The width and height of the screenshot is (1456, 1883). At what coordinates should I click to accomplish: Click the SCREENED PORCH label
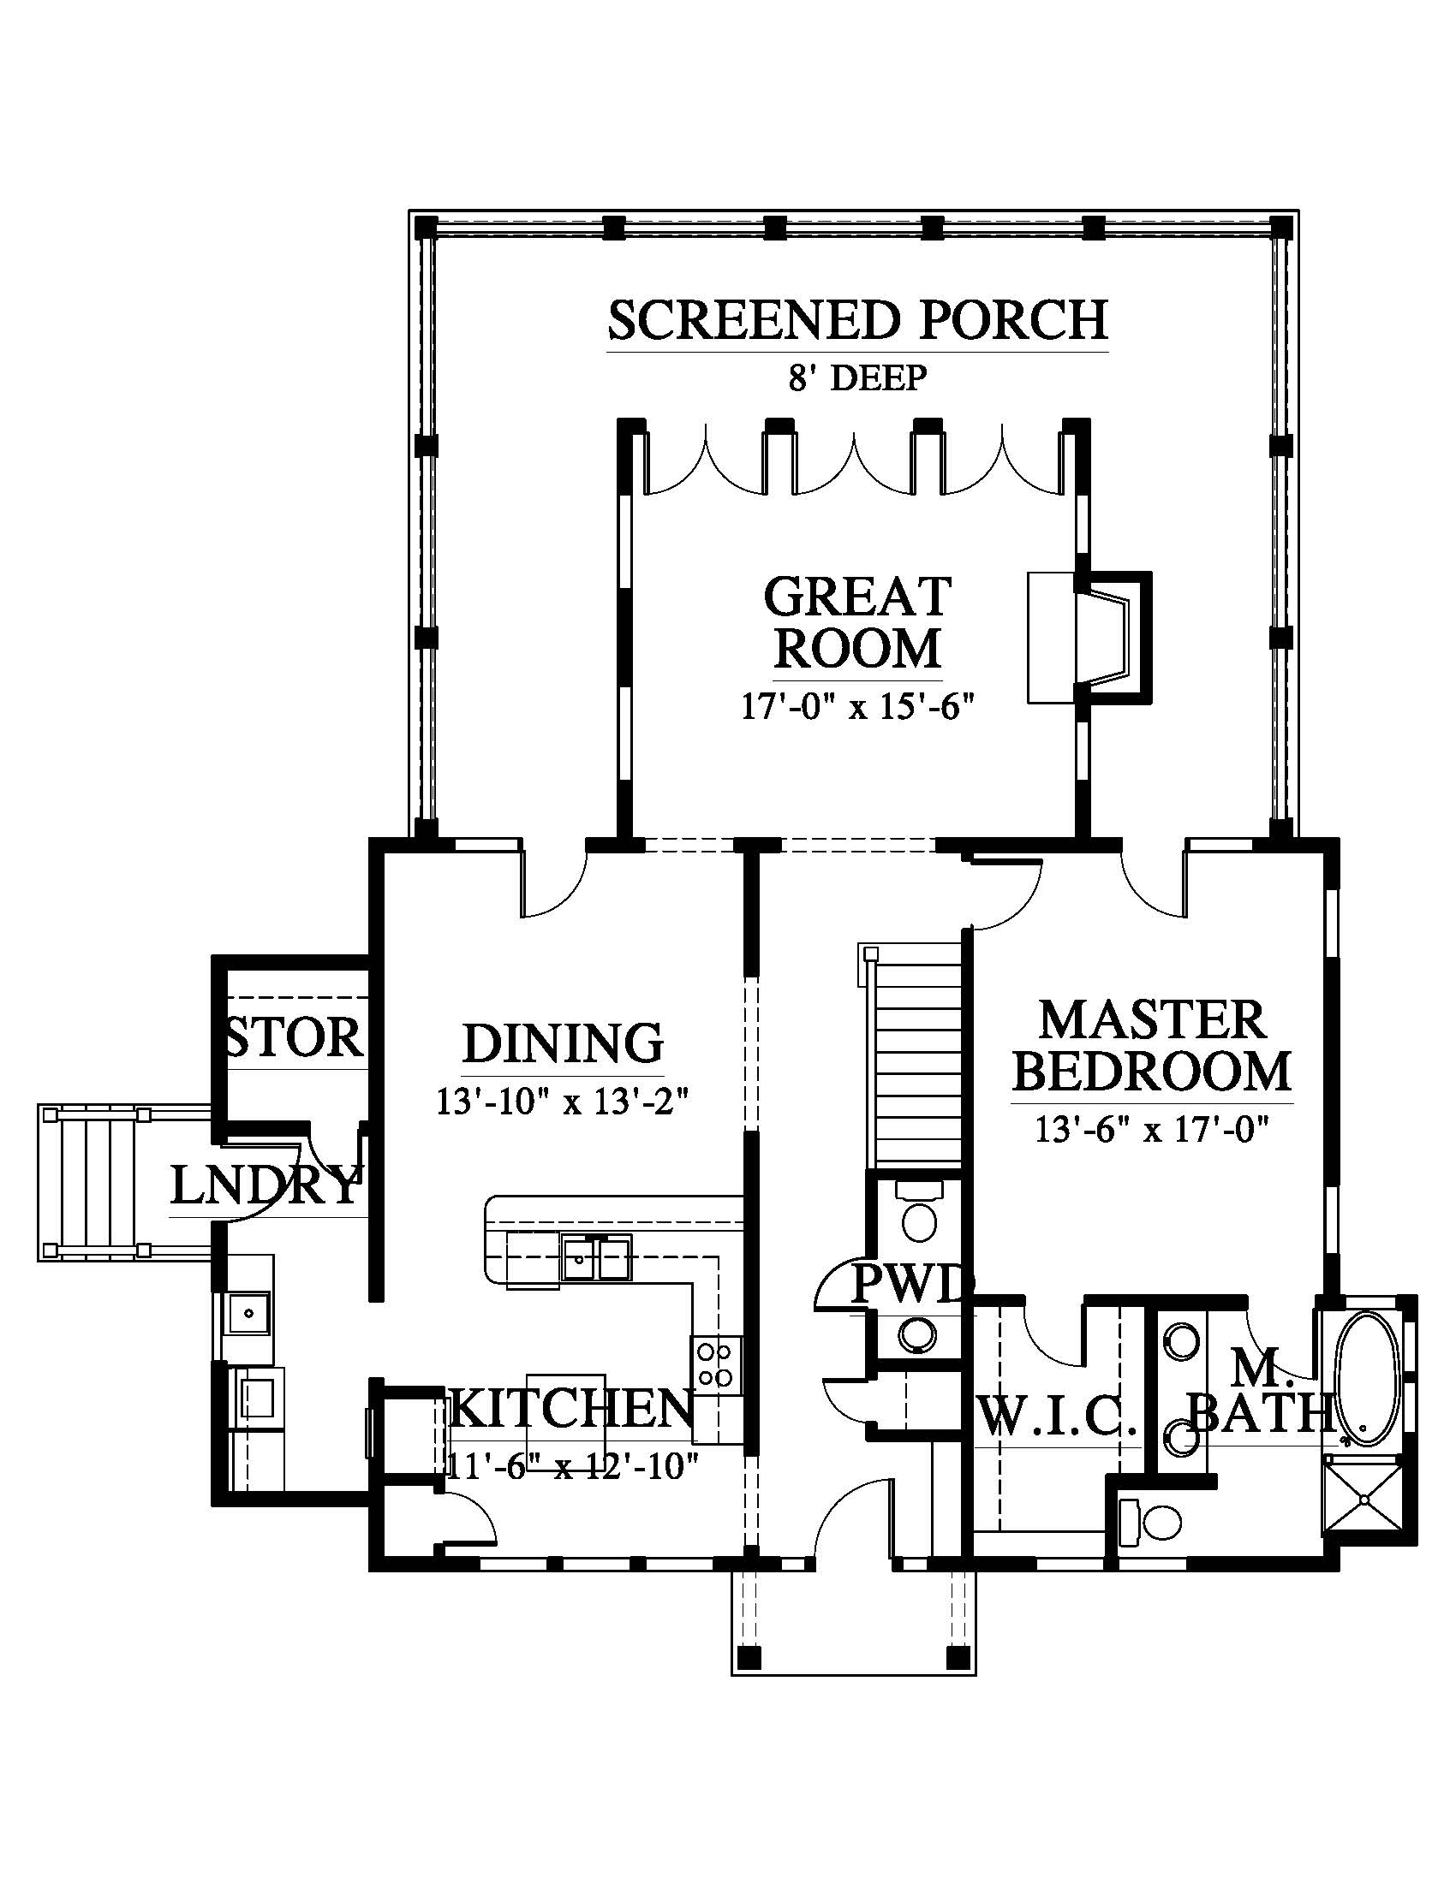tap(857, 320)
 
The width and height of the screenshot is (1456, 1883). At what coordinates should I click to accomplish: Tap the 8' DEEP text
tap(857, 377)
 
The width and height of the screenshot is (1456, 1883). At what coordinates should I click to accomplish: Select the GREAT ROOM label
tap(857, 622)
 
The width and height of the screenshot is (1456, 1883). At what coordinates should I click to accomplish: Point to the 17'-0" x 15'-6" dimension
tap(857, 708)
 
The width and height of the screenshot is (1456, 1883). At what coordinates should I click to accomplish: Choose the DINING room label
tap(564, 1043)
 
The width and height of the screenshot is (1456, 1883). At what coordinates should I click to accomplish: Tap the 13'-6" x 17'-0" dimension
tap(1151, 1130)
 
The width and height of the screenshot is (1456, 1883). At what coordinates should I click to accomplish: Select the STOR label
tap(293, 1037)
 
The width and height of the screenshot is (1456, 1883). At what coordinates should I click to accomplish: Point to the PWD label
tap(914, 1285)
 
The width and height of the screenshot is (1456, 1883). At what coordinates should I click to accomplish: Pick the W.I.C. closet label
tap(1058, 1416)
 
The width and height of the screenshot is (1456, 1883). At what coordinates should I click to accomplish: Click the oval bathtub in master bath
tap(1365, 1380)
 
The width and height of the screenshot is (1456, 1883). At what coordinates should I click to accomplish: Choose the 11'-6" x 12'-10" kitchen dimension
tap(572, 1466)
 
